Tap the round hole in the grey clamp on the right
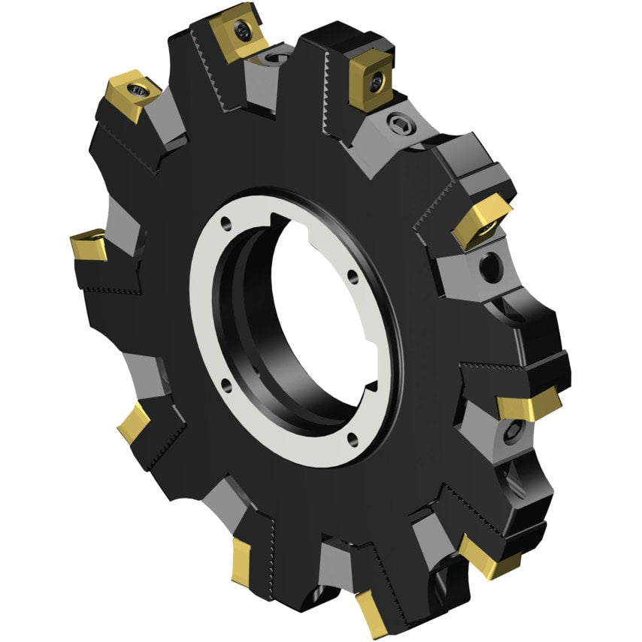[491, 266]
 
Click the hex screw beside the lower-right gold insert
[512, 431]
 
